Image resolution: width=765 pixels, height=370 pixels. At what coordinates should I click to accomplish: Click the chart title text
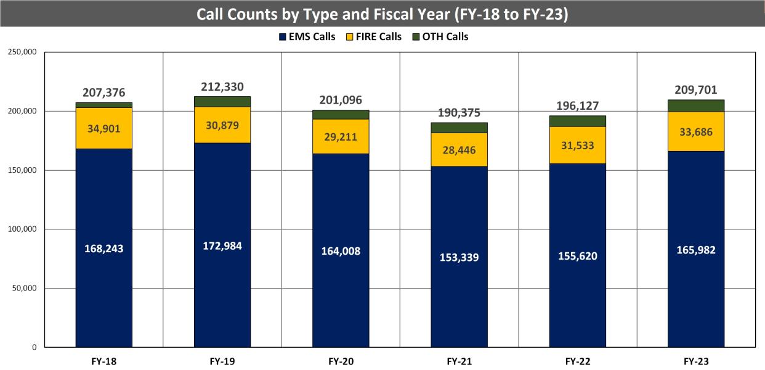point(382,14)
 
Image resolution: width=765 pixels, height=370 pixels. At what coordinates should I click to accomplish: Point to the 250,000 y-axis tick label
point(22,52)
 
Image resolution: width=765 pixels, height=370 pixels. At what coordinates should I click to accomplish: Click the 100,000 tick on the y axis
point(22,229)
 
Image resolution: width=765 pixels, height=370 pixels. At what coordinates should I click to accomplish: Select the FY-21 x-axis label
point(459,361)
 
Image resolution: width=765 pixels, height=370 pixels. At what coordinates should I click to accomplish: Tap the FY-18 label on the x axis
point(103,361)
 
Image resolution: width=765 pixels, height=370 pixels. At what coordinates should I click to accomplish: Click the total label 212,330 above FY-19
point(222,86)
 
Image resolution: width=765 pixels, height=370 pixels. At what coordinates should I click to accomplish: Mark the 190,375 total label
point(459,113)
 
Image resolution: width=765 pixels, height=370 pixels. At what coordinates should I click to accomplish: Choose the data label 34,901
point(103,129)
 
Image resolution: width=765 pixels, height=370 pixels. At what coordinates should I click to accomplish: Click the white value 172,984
point(222,246)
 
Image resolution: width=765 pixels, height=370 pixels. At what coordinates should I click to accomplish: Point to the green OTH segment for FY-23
point(695,105)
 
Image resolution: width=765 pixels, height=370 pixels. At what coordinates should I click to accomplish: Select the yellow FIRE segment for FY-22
point(577,145)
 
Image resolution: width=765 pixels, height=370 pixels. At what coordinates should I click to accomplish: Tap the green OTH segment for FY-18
point(103,105)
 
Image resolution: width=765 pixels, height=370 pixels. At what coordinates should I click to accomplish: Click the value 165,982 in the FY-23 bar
point(695,250)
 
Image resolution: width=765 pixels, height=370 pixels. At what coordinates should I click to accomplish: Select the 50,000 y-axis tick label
point(25,289)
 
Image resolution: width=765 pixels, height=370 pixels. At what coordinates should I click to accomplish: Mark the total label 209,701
point(695,89)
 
